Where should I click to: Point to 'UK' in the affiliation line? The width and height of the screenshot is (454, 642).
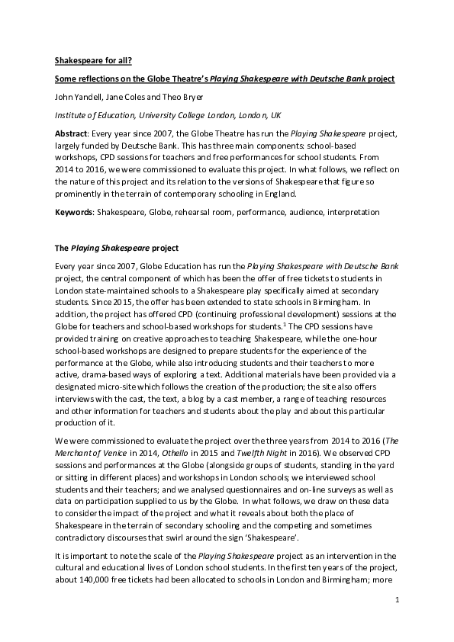pyautogui.click(x=275, y=115)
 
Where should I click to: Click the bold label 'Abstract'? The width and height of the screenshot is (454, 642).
pyautogui.click(x=72, y=133)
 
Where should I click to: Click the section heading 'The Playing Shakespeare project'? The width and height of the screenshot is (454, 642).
pyautogui.click(x=115, y=248)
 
